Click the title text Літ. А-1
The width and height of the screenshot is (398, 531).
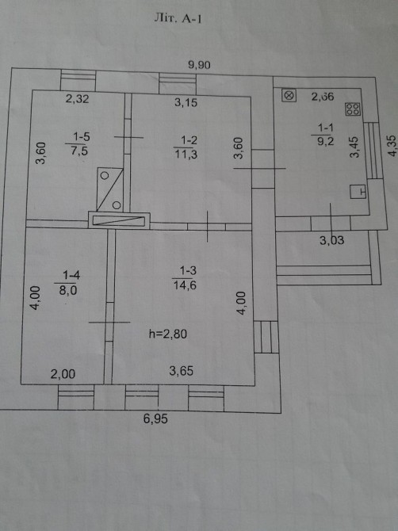(x=178, y=18)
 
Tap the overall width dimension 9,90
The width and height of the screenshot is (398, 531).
(x=199, y=65)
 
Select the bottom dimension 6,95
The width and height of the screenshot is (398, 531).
(x=155, y=419)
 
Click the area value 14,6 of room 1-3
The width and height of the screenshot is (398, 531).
(x=185, y=285)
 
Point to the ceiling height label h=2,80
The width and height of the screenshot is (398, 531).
(x=168, y=334)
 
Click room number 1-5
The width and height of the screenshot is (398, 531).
(x=82, y=137)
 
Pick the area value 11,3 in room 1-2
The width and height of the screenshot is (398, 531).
(x=186, y=154)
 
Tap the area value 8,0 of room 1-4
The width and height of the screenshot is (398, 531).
(x=68, y=290)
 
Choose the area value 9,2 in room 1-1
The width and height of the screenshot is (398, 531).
(x=326, y=141)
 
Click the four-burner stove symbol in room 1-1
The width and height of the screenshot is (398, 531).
(x=353, y=109)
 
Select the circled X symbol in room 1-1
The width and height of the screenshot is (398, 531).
(x=289, y=95)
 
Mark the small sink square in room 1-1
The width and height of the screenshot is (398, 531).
(x=358, y=191)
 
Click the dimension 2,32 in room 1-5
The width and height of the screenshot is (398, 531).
(x=77, y=99)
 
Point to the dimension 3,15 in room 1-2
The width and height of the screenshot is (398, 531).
(x=186, y=102)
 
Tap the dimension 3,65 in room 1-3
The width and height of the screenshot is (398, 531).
(x=182, y=371)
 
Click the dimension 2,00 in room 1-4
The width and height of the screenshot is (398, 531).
(x=63, y=374)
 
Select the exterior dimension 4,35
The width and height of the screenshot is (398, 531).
(x=392, y=146)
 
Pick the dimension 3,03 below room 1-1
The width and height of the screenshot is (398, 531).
(x=332, y=240)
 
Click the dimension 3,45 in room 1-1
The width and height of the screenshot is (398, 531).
(x=354, y=147)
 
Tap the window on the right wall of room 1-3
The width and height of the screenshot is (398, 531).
(x=266, y=337)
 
